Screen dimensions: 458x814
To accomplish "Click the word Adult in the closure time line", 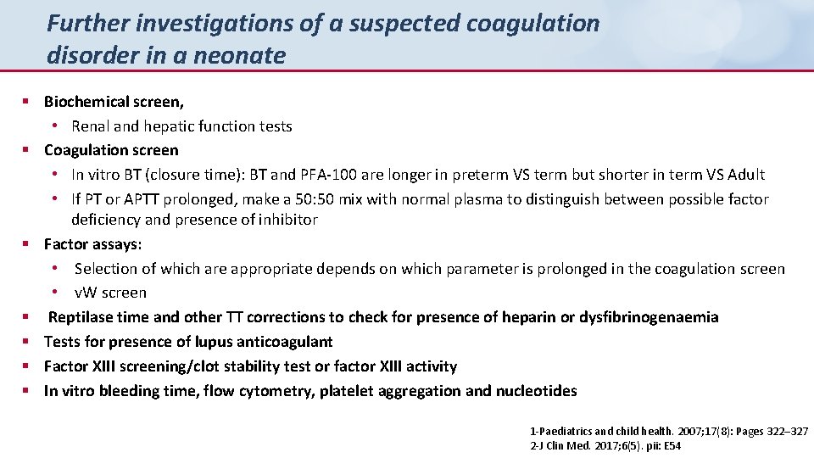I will (743, 175).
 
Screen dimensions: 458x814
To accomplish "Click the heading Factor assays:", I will (93, 244).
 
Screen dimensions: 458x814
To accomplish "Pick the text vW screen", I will (111, 293).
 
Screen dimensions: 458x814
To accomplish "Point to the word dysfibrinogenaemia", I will (649, 317).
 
